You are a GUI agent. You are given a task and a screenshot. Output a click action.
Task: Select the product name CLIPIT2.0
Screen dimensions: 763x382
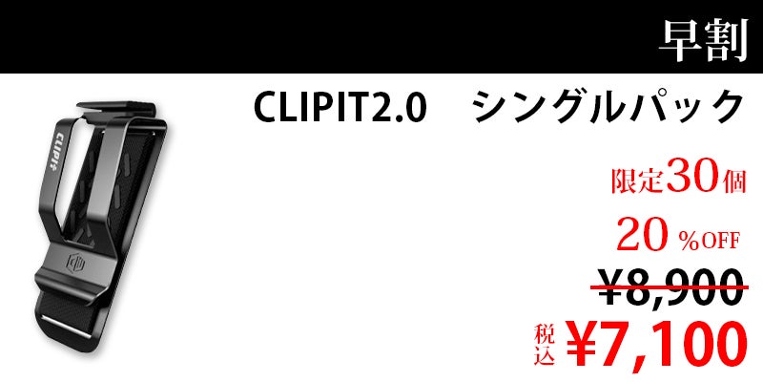click(340, 108)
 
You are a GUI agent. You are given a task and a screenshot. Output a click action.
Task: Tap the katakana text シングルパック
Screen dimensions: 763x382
click(608, 108)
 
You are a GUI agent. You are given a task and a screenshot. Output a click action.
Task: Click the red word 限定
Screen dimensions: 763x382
click(637, 181)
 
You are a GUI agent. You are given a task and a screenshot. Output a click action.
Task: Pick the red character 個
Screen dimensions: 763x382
click(733, 181)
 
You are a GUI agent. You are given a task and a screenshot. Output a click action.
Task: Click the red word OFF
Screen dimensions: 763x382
click(722, 240)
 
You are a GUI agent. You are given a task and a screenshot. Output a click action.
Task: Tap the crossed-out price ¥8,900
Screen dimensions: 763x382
click(670, 288)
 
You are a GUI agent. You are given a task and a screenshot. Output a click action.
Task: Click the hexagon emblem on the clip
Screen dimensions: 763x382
click(75, 265)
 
